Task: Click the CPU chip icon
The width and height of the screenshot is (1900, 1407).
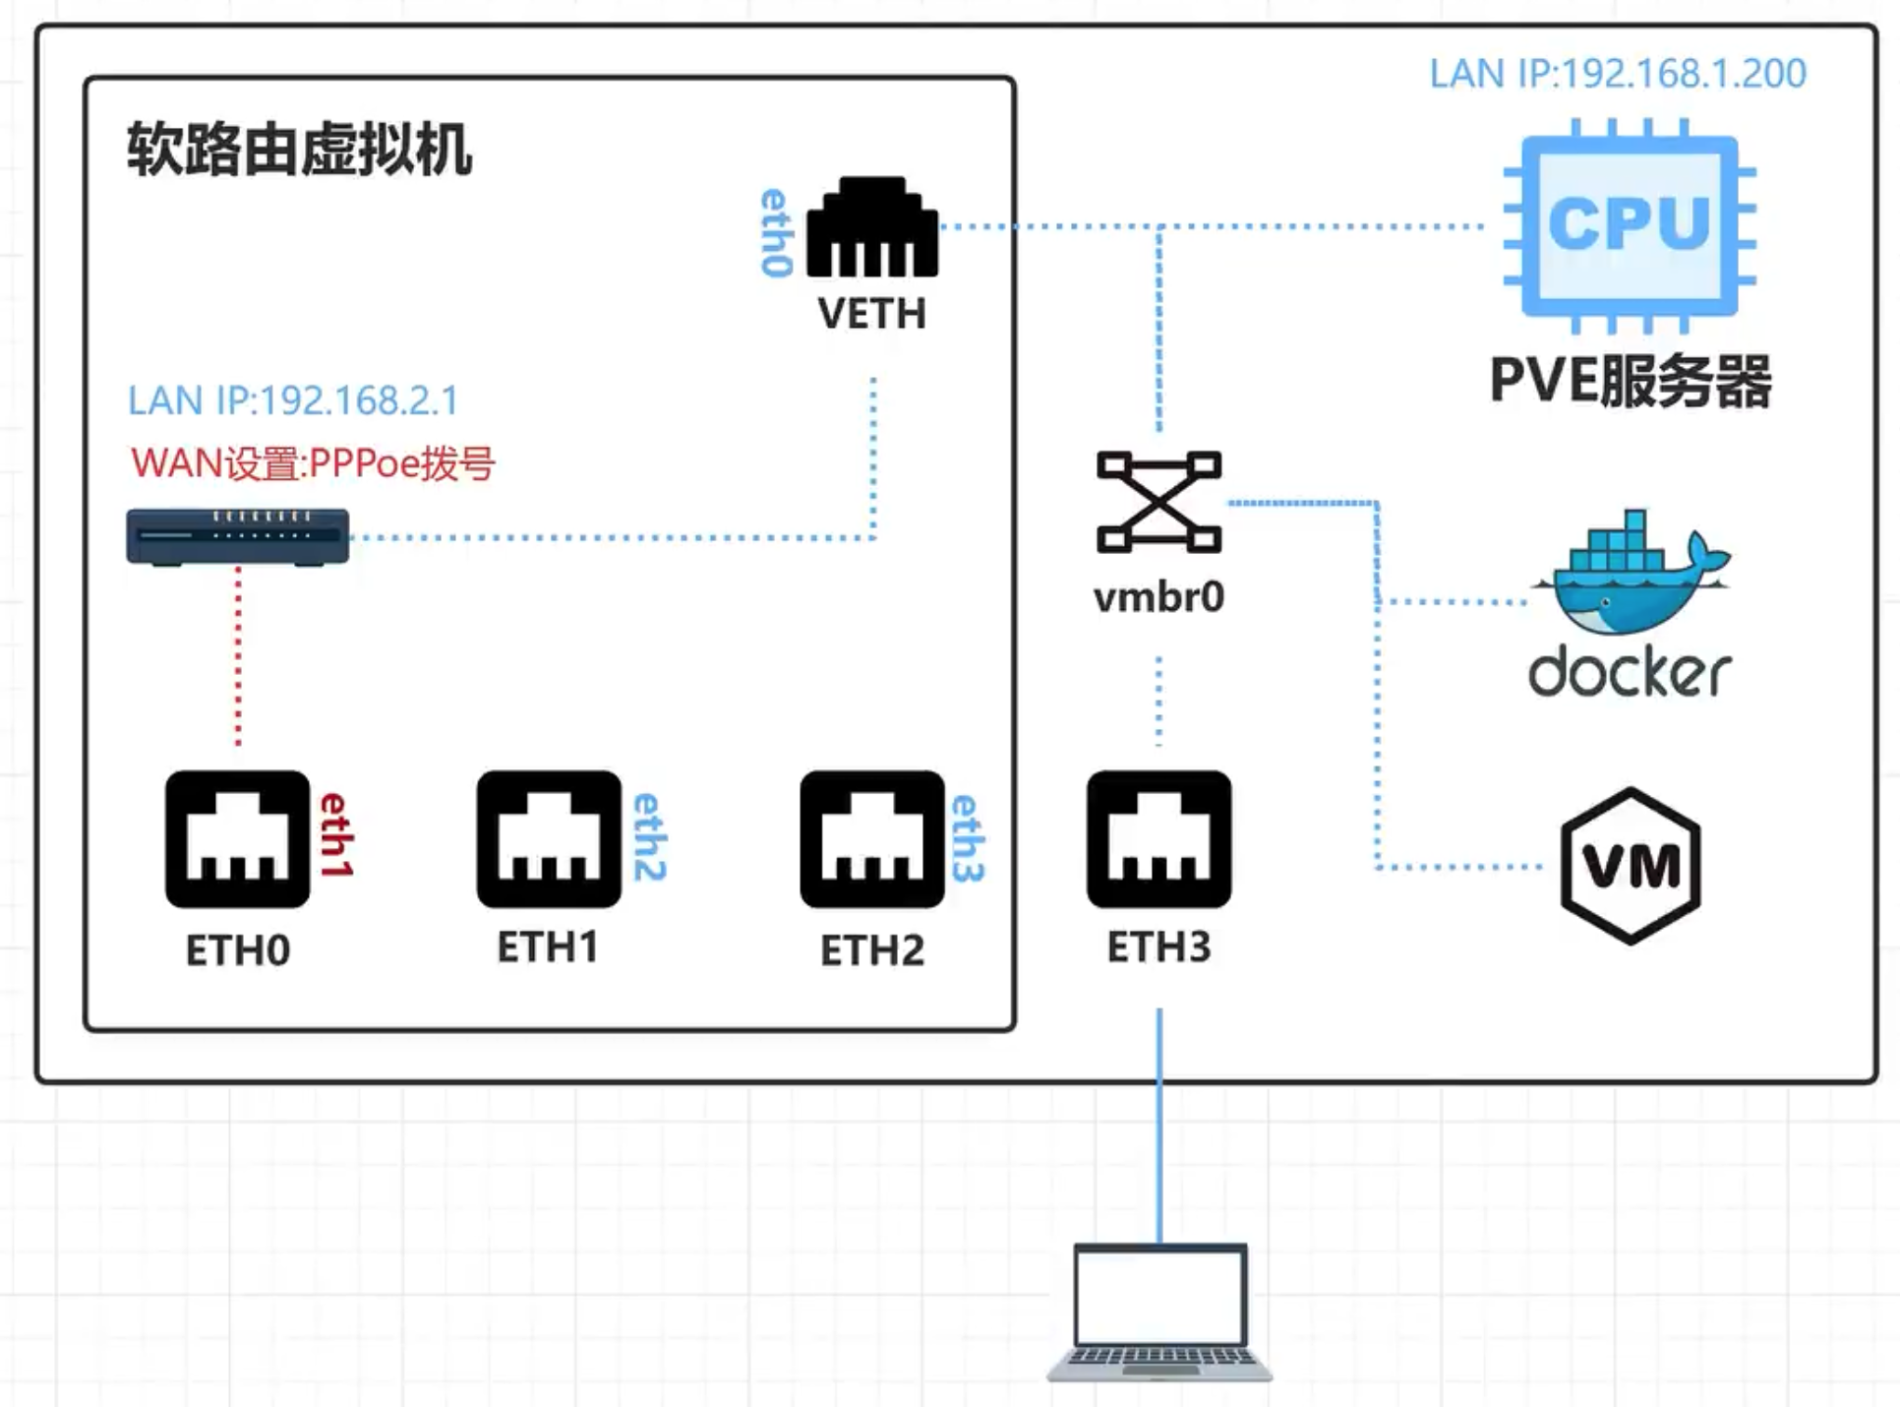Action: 1630,226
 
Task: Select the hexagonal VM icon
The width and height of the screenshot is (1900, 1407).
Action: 1631,866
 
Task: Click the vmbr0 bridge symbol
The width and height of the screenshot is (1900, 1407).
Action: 1159,502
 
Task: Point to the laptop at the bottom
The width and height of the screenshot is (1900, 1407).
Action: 1159,1313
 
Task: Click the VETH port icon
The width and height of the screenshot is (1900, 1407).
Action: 872,227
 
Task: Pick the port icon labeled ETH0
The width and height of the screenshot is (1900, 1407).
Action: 238,839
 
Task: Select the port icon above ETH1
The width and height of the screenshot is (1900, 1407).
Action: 549,839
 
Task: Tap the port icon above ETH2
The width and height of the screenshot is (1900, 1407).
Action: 872,839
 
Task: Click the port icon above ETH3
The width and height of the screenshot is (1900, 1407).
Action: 1159,839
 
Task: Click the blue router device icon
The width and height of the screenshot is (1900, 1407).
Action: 238,536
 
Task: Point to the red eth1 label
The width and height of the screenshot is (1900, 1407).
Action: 336,834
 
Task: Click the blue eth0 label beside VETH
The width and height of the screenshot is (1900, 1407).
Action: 777,233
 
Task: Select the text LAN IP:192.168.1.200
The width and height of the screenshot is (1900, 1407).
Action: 1618,74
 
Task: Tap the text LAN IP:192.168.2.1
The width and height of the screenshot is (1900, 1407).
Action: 293,400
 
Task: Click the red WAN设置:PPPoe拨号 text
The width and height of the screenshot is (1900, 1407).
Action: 313,462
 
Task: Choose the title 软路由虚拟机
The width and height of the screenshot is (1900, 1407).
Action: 300,150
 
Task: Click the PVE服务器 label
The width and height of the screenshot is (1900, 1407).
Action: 1631,381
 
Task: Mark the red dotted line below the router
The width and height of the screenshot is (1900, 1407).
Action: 238,656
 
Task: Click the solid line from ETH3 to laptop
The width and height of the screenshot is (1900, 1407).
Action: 1159,1126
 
